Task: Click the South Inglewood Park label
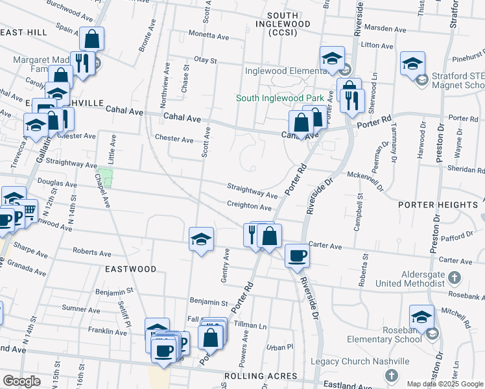[279, 98]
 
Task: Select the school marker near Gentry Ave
[201, 239]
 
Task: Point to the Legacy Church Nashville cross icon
[391, 375]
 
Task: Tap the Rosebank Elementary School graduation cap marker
[421, 317]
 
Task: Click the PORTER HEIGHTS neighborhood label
[438, 205]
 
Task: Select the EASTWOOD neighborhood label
[133, 268]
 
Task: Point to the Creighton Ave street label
[249, 207]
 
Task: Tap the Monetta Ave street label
[210, 34]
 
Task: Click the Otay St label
[204, 60]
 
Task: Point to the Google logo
[21, 381]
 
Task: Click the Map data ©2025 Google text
[445, 384]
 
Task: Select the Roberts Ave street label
[89, 251]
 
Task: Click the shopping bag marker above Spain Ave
[92, 38]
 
